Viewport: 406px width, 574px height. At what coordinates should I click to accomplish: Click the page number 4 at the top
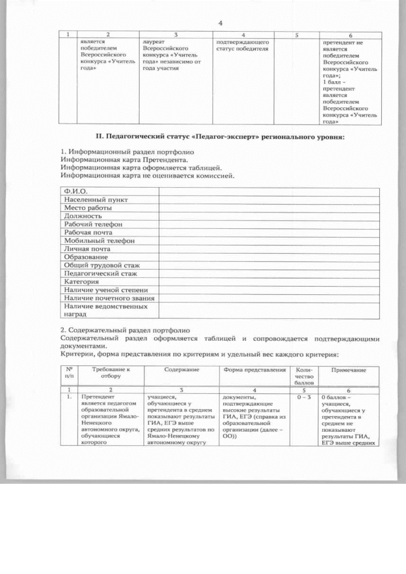219,23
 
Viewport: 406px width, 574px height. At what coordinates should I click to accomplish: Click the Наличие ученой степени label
101,290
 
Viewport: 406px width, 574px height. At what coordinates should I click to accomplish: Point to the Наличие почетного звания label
108,298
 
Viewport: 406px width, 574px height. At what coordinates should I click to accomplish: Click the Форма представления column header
254,369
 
